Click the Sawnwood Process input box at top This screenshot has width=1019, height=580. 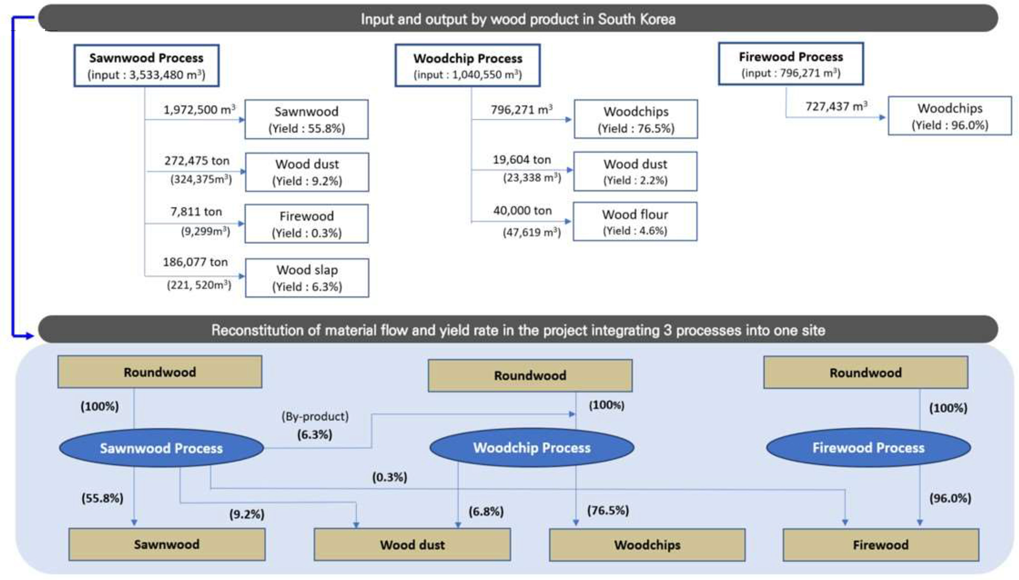146,65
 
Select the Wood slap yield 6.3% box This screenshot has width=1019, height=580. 307,278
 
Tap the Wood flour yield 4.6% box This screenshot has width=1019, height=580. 635,222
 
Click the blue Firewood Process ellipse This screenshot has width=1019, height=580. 868,448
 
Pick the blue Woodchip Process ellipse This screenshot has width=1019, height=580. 531,448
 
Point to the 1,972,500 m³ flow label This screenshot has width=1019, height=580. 199,110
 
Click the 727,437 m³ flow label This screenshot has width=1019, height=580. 836,106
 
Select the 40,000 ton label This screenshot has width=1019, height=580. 522,210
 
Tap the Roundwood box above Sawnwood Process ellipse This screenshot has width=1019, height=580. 160,372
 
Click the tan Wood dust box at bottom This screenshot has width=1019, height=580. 412,545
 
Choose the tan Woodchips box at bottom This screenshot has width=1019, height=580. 647,545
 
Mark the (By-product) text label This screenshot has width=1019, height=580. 315,416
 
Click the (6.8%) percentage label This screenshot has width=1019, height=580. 486,511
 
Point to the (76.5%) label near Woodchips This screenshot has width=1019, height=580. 607,510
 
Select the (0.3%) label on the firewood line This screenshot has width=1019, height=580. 389,477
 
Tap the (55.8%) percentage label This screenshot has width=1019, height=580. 102,498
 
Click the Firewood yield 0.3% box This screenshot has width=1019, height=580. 307,224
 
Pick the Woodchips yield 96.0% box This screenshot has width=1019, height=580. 949,116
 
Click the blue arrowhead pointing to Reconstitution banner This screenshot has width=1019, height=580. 29,336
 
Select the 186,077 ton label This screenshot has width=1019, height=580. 195,262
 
